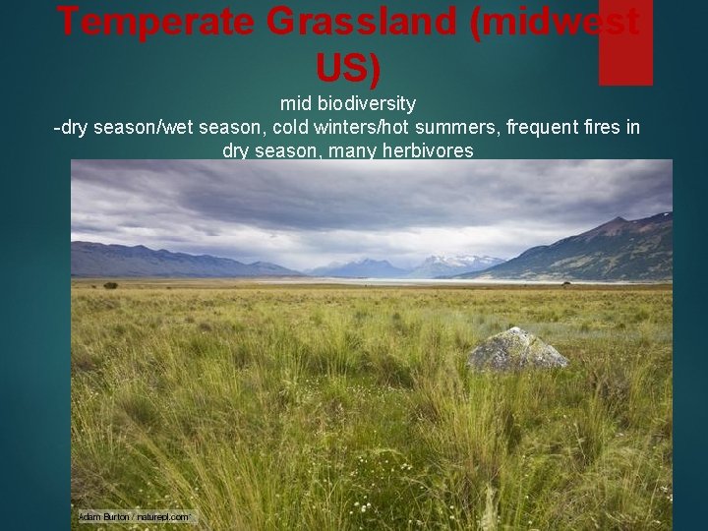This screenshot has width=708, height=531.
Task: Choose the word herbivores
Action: (422, 150)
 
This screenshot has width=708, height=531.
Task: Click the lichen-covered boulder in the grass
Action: (516, 350)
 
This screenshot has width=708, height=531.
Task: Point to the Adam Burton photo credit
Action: (136, 516)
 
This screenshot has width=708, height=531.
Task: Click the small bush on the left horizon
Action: (110, 285)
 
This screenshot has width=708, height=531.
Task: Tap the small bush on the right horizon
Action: (566, 284)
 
